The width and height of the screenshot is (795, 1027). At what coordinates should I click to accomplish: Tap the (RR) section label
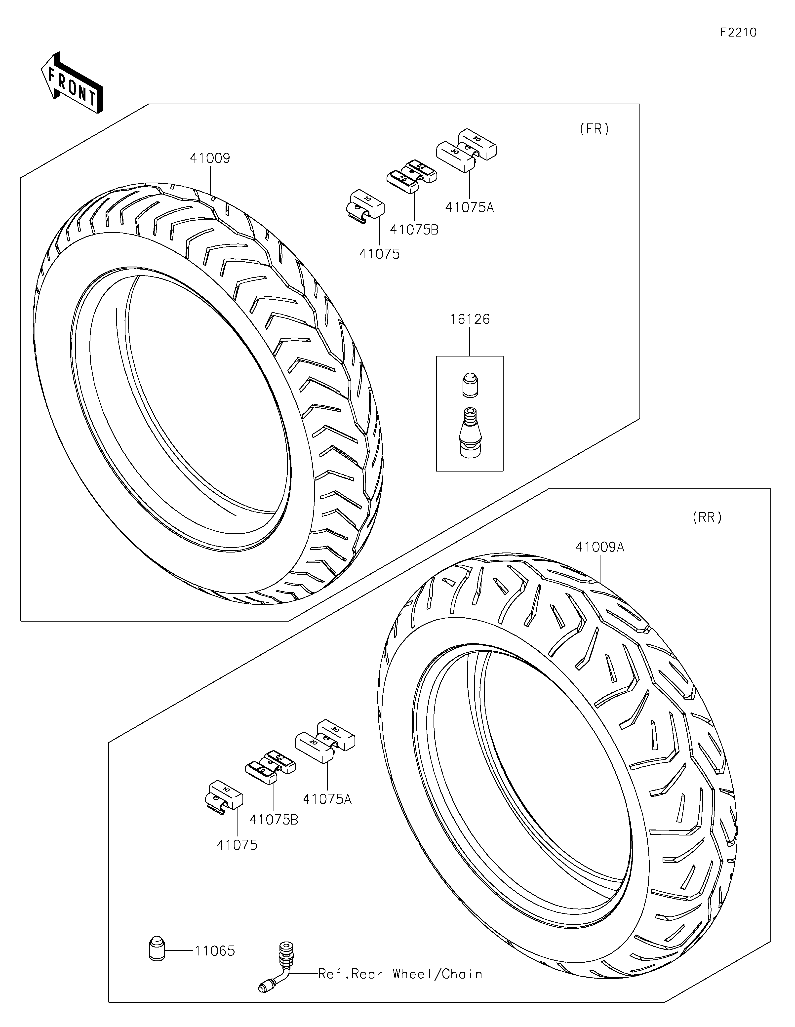point(707,518)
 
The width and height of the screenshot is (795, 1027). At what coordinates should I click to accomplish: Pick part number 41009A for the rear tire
point(600,547)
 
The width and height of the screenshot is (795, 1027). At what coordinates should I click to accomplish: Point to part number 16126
point(470,319)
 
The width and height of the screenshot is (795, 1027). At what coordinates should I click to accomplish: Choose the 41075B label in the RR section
point(274,820)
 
